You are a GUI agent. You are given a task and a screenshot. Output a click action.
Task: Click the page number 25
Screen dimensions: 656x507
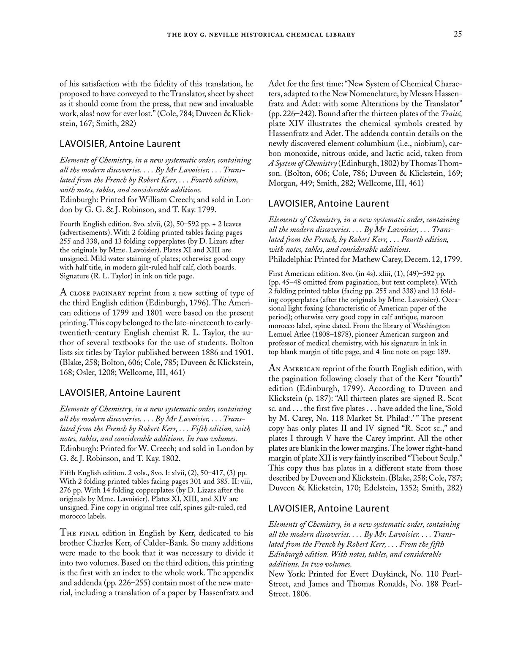(458, 34)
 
